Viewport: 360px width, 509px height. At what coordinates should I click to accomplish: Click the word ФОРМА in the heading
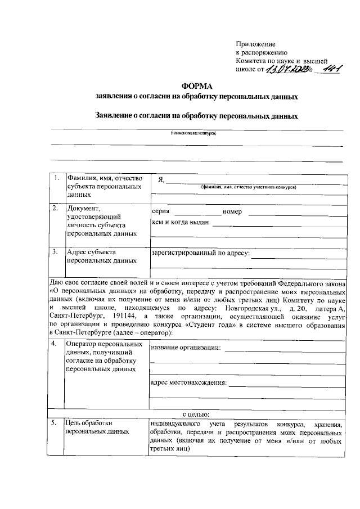196,85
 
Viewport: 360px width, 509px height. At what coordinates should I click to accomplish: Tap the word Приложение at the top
255,44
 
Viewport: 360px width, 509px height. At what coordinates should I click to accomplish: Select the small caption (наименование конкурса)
194,133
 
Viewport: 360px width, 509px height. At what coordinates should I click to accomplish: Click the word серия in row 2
161,212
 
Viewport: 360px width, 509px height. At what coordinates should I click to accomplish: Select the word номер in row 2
232,212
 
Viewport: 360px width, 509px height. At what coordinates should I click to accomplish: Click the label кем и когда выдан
181,223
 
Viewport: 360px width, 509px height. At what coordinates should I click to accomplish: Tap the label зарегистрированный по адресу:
200,254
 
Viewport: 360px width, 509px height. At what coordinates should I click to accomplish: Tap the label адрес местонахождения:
188,384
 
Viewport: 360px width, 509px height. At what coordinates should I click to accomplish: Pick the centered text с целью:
196,414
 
